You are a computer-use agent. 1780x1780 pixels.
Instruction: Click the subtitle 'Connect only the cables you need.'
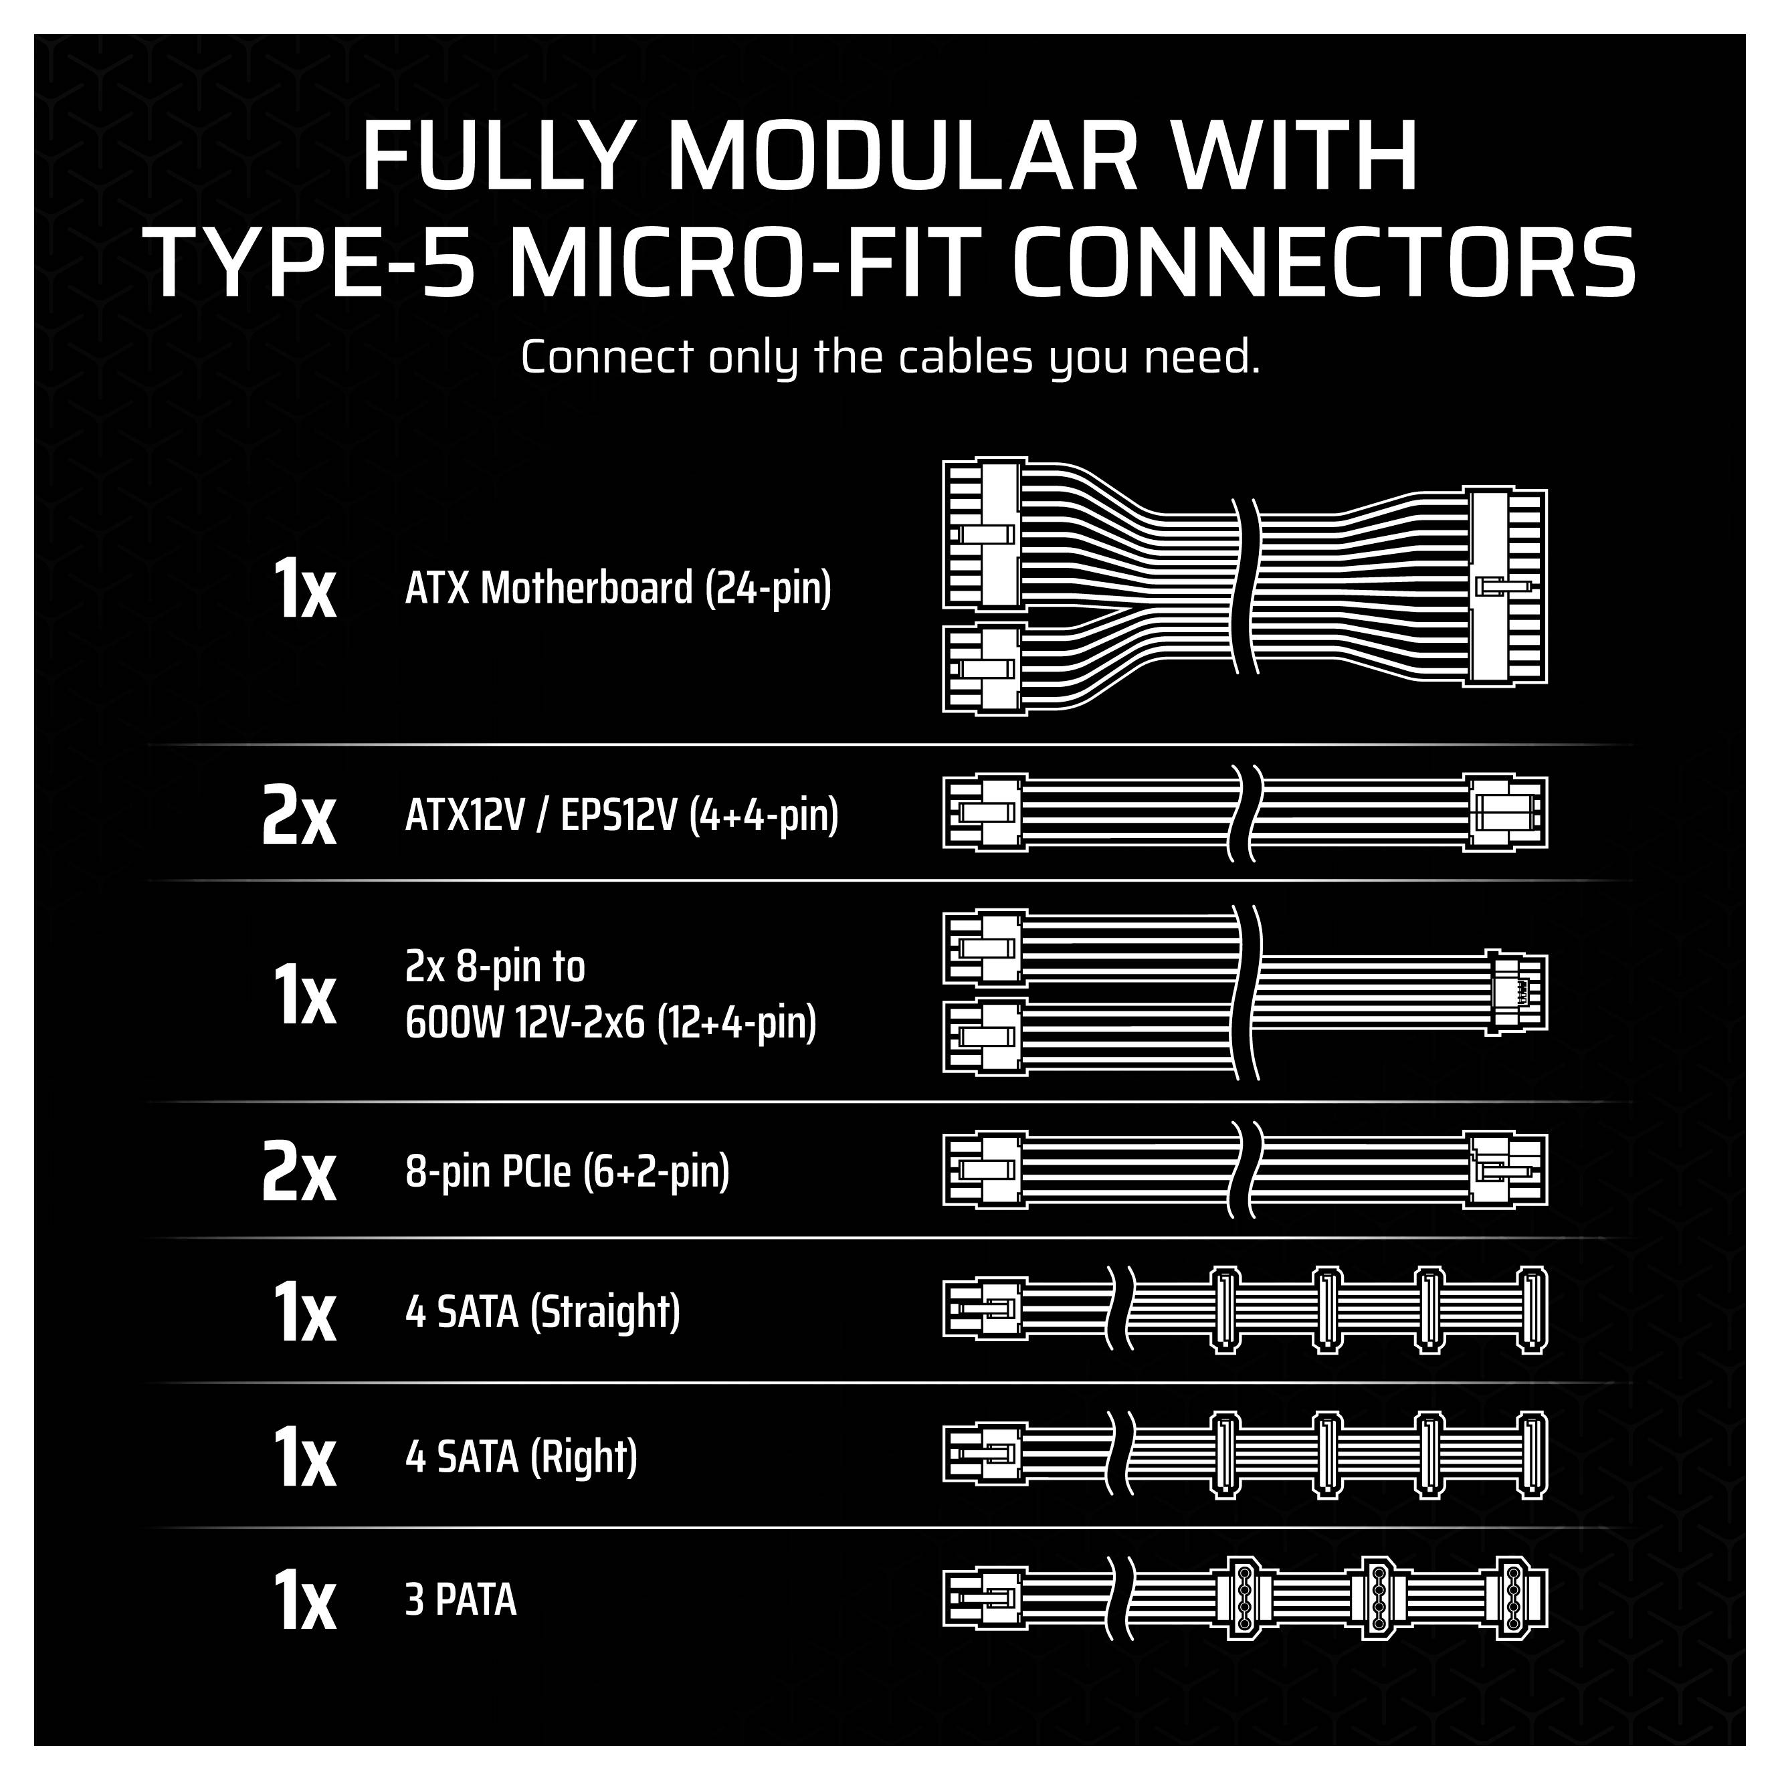pyautogui.click(x=889, y=357)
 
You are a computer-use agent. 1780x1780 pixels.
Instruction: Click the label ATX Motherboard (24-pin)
pyautogui.click(x=618, y=588)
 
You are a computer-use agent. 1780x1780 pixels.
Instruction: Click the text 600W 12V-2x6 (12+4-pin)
pyautogui.click(x=611, y=1023)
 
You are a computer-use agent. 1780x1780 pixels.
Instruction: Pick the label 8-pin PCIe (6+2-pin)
pyautogui.click(x=567, y=1172)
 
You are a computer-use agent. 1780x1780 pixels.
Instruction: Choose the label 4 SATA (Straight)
pyautogui.click(x=542, y=1312)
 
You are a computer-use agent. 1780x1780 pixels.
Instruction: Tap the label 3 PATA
pyautogui.click(x=461, y=1600)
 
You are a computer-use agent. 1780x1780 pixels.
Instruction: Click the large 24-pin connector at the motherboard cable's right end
pyautogui.click(x=1507, y=586)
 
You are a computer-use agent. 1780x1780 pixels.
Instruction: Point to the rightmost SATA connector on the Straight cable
pyautogui.click(x=1531, y=1311)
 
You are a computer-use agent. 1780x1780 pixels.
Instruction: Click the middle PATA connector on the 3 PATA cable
pyautogui.click(x=1378, y=1599)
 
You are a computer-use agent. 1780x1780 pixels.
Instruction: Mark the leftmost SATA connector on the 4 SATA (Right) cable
pyautogui.click(x=1223, y=1456)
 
